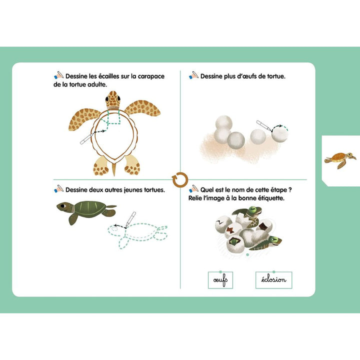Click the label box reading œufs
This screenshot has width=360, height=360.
point(220,280)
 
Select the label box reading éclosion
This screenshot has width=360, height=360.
point(273,280)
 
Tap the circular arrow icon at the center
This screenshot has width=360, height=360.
point(179,179)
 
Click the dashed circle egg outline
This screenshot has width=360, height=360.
point(280,133)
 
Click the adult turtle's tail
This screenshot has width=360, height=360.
point(113,169)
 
